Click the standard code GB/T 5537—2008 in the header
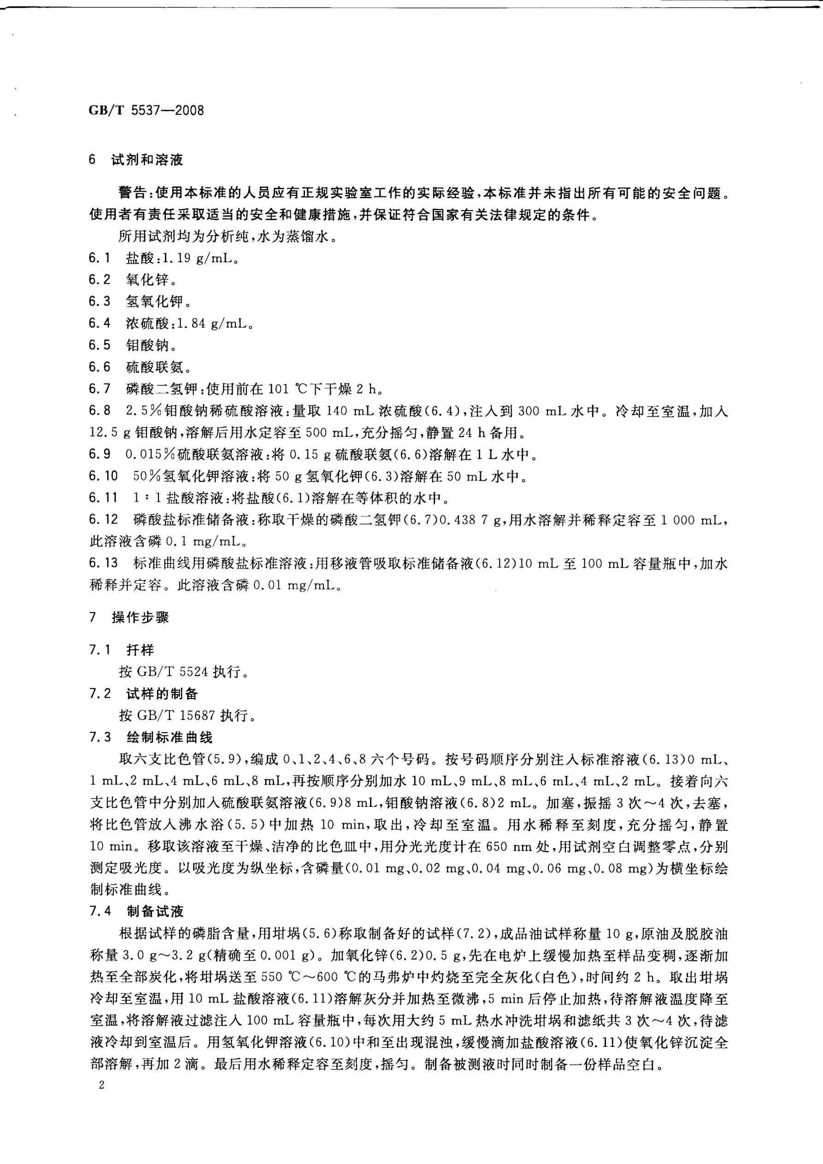(x=147, y=110)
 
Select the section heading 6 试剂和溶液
(x=136, y=160)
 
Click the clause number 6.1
(x=100, y=258)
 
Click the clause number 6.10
(x=103, y=476)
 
